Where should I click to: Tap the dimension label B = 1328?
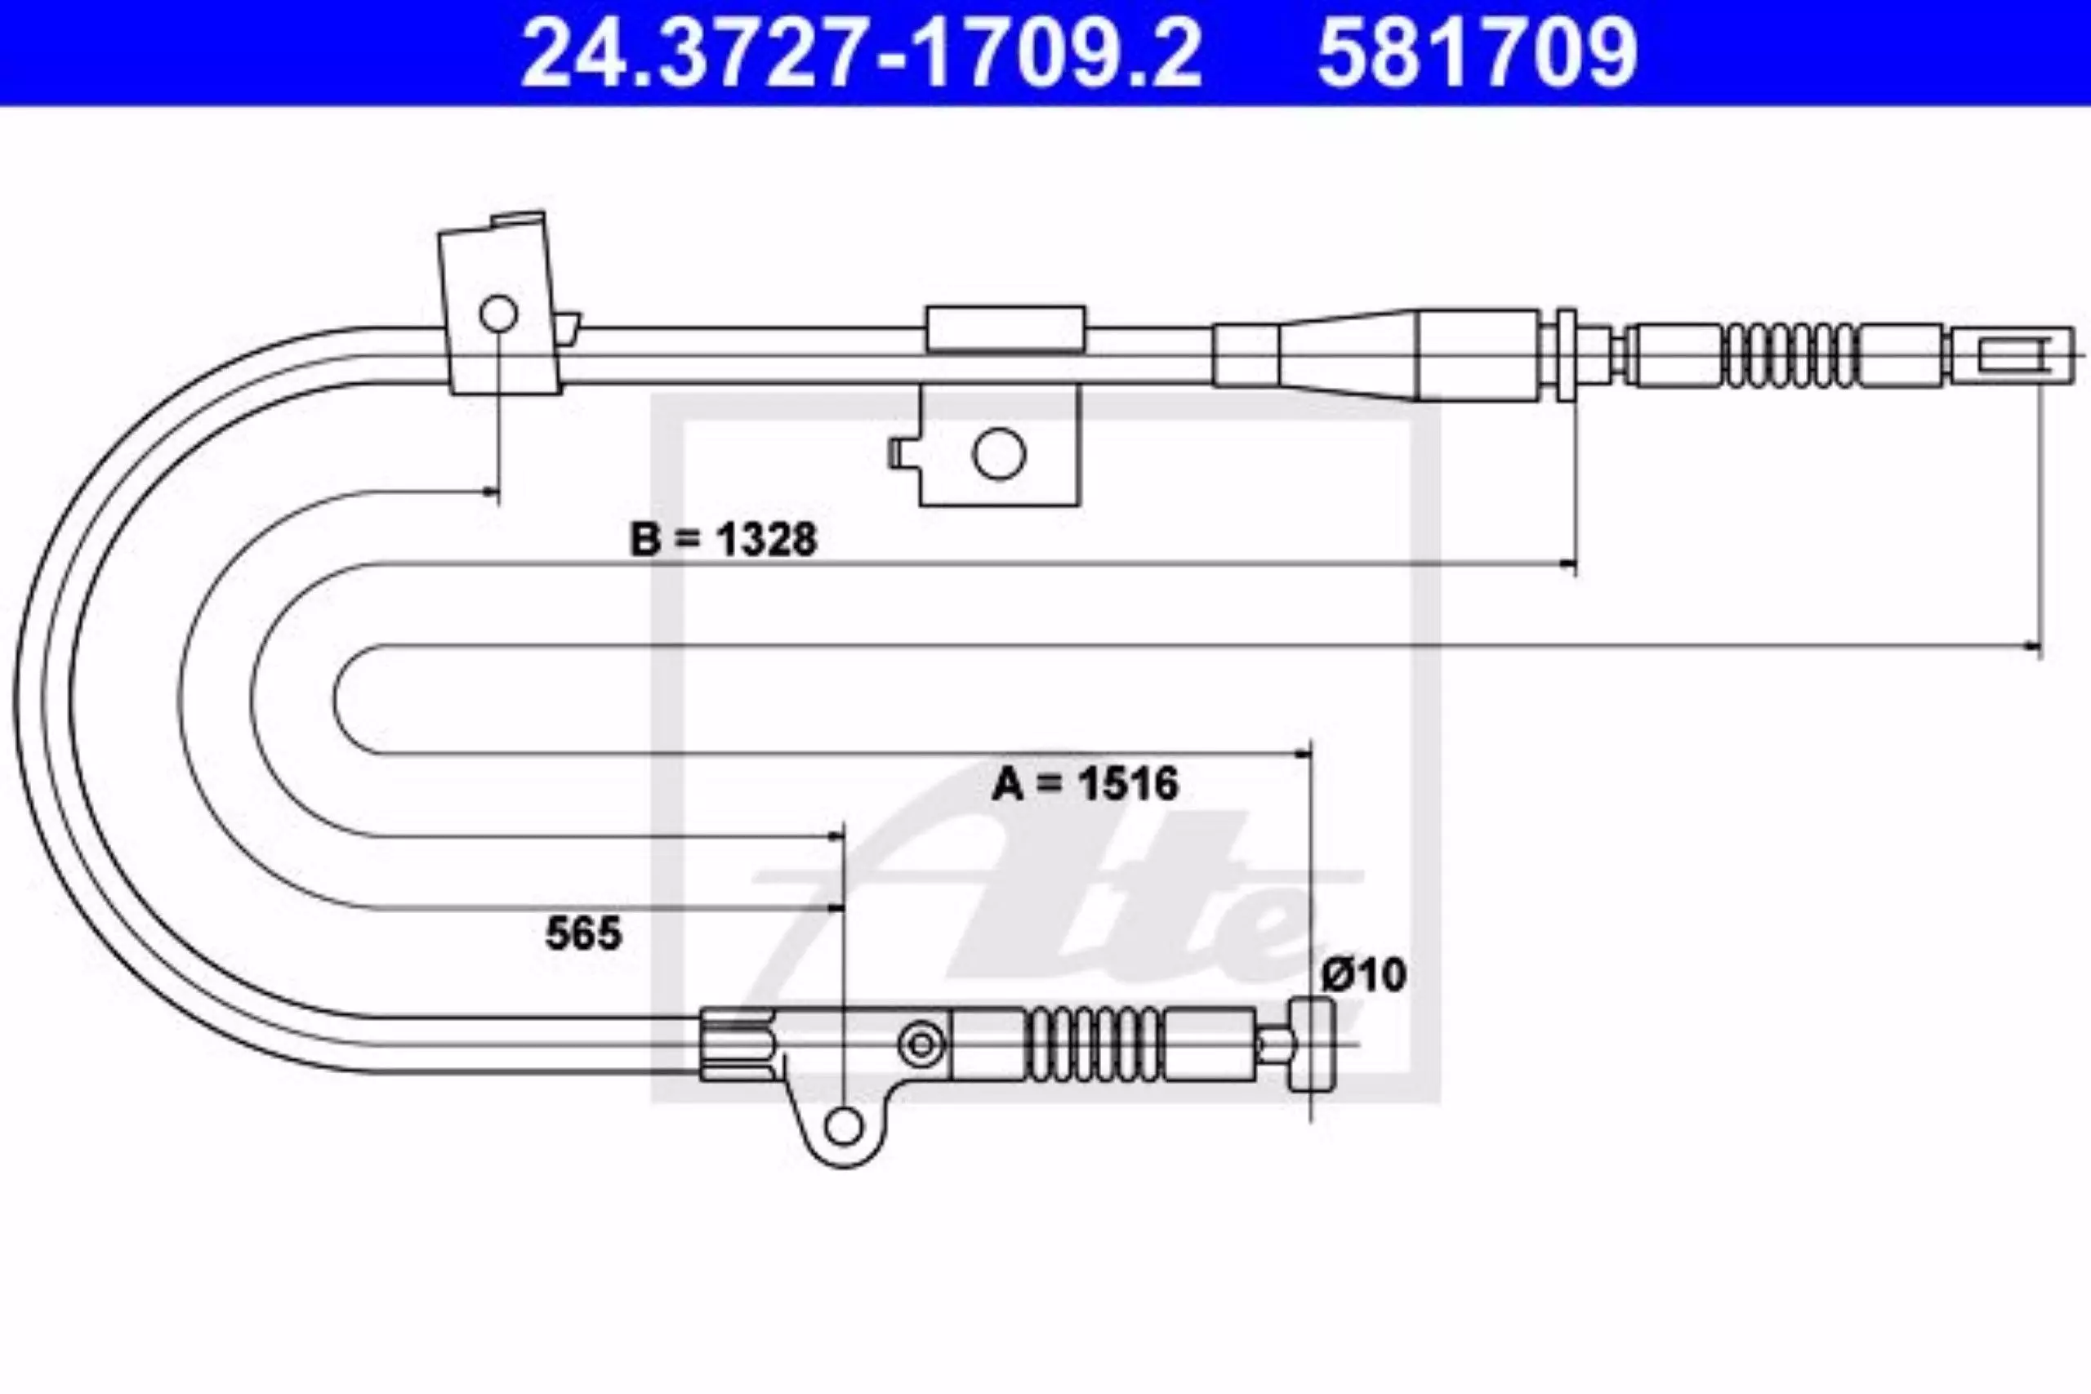click(723, 540)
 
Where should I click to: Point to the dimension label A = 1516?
click(1085, 783)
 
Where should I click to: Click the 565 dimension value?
click(583, 933)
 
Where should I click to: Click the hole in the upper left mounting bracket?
click(498, 313)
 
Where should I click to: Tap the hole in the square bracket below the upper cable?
click(998, 453)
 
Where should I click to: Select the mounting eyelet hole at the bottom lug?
click(843, 1127)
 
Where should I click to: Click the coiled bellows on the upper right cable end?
click(1790, 354)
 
